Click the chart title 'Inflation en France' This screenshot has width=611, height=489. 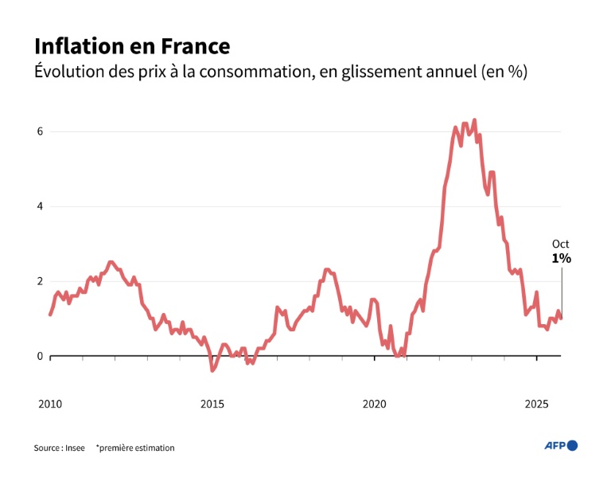(x=131, y=45)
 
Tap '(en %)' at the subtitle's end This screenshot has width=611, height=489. (x=504, y=72)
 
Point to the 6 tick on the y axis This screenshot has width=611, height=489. (x=40, y=131)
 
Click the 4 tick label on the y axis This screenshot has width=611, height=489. (x=40, y=206)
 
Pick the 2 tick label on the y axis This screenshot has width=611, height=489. (x=40, y=281)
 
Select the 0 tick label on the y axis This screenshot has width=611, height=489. (x=40, y=356)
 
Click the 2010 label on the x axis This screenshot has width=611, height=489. (x=50, y=405)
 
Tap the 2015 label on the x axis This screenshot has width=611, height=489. (x=212, y=405)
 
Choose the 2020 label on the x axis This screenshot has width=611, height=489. (x=375, y=405)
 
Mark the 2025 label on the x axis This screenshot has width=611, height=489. (x=537, y=405)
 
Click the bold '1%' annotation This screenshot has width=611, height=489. (x=561, y=259)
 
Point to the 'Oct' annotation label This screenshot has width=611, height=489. (x=561, y=244)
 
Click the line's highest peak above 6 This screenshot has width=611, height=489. (x=474, y=120)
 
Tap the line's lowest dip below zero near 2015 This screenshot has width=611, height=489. (x=212, y=370)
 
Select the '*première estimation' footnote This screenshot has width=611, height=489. (x=135, y=448)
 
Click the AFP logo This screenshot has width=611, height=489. (x=561, y=446)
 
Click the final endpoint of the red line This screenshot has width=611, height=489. (x=562, y=319)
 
